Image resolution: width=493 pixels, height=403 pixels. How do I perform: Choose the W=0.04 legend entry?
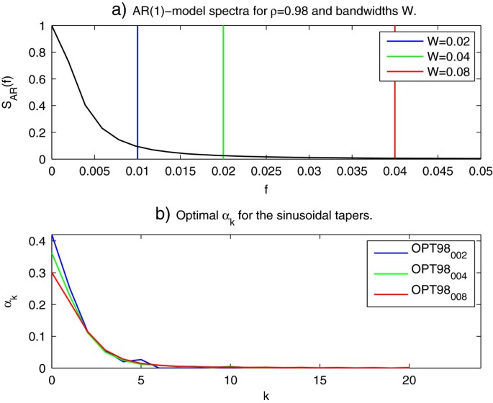(428, 56)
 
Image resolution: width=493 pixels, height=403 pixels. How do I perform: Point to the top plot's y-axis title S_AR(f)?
(12, 92)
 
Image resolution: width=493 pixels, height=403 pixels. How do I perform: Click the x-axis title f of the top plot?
(266, 188)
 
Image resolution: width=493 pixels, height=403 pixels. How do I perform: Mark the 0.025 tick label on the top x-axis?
(266, 173)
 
